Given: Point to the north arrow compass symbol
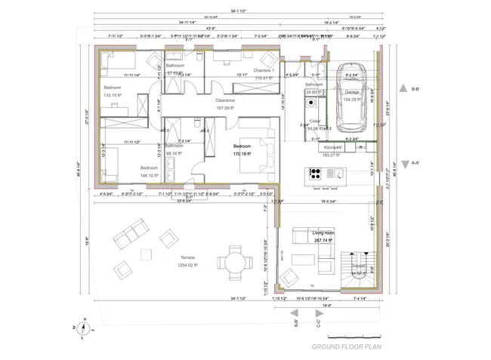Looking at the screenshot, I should (85, 328).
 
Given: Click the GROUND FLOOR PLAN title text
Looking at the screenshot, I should (344, 347).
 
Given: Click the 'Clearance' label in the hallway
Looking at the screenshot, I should (225, 100).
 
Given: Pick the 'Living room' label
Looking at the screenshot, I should (323, 234).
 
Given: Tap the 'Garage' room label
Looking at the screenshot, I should (352, 91).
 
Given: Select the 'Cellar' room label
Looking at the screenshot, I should (315, 121).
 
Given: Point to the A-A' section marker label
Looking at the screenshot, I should (415, 162).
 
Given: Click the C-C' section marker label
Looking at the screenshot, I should (317, 326).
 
